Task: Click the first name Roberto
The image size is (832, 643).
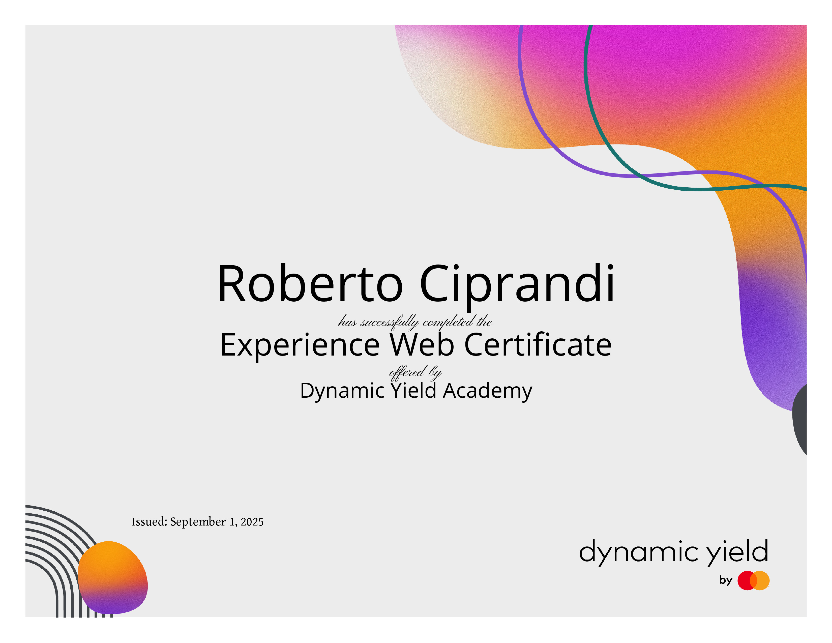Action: pyautogui.click(x=310, y=284)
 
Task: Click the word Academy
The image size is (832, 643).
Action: pyautogui.click(x=487, y=391)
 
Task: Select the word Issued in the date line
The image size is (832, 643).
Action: pyautogui.click(x=149, y=521)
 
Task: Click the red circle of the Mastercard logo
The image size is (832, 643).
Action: pyautogui.click(x=747, y=580)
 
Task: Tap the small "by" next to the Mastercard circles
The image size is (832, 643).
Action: pyautogui.click(x=726, y=580)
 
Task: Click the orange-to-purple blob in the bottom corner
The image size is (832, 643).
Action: pyautogui.click(x=113, y=577)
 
